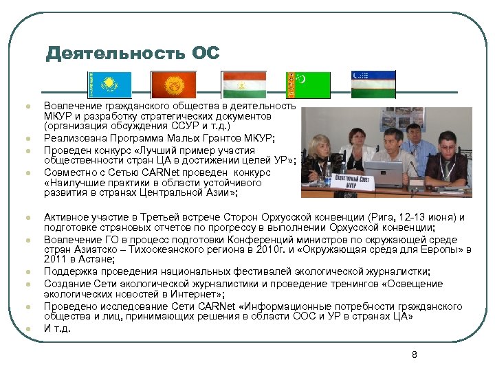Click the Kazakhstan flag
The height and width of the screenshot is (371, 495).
click(108, 85)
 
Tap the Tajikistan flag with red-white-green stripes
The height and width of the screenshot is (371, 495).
click(244, 85)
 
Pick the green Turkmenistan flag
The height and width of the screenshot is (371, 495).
click(307, 85)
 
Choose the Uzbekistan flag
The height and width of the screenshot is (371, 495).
click(373, 85)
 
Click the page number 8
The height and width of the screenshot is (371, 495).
click(414, 355)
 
